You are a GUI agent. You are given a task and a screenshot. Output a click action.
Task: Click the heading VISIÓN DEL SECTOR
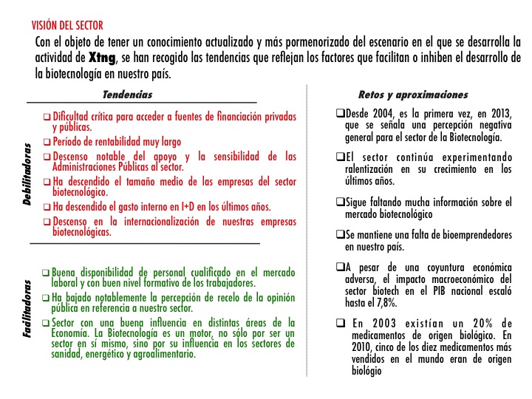coord(63,26)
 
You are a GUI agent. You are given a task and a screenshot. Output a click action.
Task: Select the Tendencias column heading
coord(127,95)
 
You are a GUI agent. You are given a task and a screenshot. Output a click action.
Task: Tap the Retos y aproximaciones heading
coord(412,95)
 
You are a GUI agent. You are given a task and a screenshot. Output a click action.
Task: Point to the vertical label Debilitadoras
coord(27,174)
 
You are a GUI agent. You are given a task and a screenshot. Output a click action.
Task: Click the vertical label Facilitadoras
coord(27,309)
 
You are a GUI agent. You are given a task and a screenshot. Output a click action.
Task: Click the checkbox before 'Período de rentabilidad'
coord(47,142)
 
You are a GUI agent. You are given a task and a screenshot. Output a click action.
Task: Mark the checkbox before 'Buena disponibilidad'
coord(47,272)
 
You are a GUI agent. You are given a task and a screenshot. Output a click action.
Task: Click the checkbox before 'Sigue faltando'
coord(340,202)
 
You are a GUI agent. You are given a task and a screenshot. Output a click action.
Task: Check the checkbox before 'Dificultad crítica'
coord(47,117)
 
